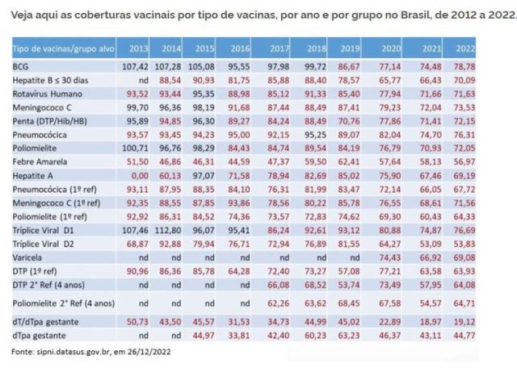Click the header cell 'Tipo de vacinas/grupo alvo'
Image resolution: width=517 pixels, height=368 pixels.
click(x=59, y=48)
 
